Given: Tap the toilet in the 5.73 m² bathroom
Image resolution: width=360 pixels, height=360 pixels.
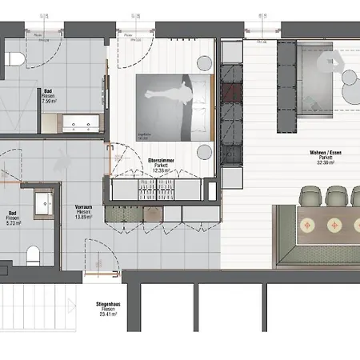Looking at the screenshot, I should (x=33, y=255).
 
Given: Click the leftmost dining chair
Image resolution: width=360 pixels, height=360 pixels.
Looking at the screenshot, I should (x=310, y=194).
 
